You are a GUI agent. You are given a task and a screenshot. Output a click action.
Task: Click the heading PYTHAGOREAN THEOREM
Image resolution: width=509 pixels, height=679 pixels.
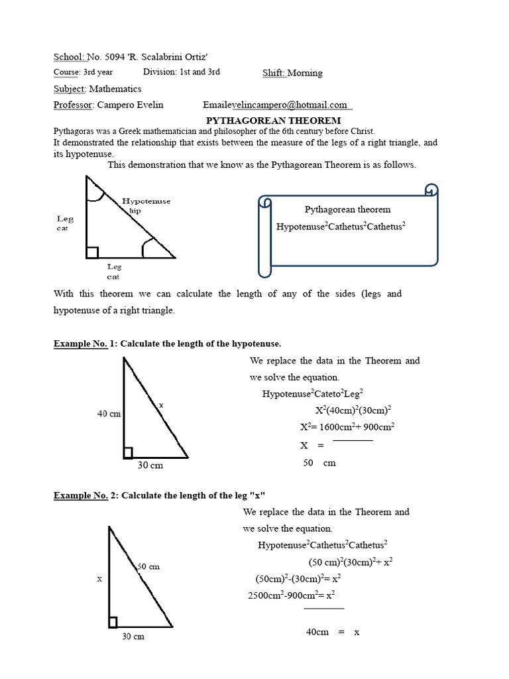click(273, 121)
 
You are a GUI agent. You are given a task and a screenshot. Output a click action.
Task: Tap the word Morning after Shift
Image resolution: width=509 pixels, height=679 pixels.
click(304, 73)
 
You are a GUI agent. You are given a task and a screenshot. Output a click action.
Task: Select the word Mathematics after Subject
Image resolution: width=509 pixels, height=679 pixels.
click(115, 88)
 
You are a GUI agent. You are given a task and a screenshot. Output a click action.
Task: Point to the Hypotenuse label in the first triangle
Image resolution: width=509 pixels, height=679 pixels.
click(146, 200)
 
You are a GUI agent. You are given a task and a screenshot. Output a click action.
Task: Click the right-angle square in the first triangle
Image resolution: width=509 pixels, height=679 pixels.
click(92, 252)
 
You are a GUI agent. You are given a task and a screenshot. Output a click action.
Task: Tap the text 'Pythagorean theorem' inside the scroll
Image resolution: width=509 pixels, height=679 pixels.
click(347, 210)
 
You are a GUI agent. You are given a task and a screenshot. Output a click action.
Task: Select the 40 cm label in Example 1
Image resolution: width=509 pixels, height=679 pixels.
click(109, 414)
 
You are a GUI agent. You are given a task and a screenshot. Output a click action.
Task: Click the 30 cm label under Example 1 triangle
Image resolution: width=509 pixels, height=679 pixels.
click(150, 465)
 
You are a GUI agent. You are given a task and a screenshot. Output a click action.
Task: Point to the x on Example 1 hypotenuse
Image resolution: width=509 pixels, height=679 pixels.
click(161, 404)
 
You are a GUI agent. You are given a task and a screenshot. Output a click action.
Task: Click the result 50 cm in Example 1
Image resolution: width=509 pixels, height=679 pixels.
click(319, 463)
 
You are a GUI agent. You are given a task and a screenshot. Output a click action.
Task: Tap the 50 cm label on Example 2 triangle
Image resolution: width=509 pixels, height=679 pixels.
click(148, 567)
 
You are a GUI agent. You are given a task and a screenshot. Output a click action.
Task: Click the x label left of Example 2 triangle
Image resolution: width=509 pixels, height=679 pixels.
click(99, 578)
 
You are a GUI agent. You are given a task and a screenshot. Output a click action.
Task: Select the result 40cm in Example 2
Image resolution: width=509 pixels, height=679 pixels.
click(317, 633)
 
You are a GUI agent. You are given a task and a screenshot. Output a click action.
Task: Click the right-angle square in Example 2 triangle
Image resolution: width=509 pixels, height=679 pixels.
click(113, 622)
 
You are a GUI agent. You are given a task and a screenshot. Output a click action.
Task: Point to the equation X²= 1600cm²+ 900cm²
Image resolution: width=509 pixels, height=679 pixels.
click(347, 427)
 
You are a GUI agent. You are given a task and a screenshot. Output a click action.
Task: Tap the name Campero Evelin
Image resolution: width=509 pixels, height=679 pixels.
click(130, 105)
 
